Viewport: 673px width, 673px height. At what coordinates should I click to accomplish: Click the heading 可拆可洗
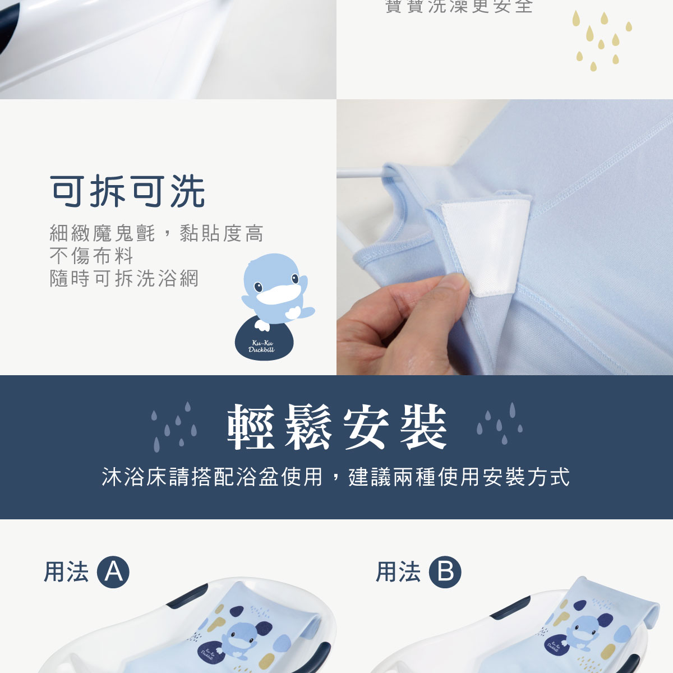pyautogui.click(x=128, y=192)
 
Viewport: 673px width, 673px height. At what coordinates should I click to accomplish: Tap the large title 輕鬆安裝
pyautogui.click(x=336, y=427)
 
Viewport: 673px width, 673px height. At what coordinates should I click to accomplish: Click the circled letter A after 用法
pyautogui.click(x=113, y=572)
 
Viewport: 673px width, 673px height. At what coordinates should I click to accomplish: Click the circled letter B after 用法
pyautogui.click(x=445, y=572)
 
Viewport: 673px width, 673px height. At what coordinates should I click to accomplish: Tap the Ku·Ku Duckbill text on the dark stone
pyautogui.click(x=261, y=346)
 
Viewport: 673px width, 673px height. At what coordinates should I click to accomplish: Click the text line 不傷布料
pyautogui.click(x=91, y=256)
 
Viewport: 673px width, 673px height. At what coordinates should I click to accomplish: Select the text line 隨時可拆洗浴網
pyautogui.click(x=125, y=278)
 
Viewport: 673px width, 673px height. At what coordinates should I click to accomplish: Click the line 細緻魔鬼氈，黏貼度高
pyautogui.click(x=156, y=233)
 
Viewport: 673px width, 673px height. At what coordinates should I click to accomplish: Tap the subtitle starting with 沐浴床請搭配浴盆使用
pyautogui.click(x=336, y=477)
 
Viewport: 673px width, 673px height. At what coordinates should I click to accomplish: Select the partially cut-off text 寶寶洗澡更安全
pyautogui.click(x=459, y=7)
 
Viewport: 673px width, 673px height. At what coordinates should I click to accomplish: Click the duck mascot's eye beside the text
pyautogui.click(x=259, y=288)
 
